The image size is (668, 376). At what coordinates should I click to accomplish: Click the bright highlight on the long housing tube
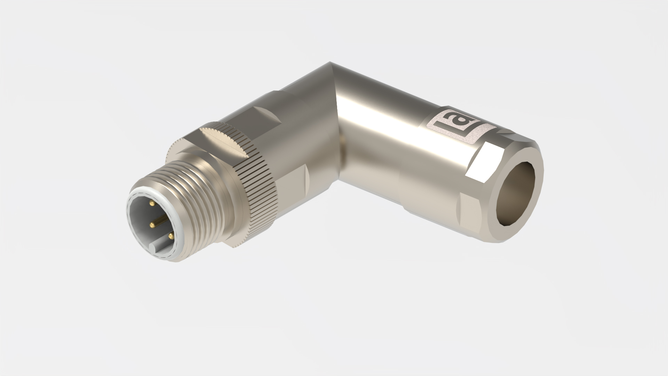coord(383,115)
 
